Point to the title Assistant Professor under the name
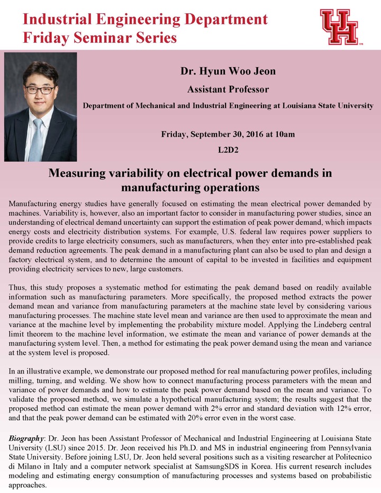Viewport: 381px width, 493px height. [x=228, y=89]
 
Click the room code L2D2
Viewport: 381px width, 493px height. [x=228, y=150]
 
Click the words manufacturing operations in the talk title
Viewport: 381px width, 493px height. [x=190, y=187]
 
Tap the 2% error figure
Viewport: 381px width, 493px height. [x=221, y=408]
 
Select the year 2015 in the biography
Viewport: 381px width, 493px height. [x=87, y=449]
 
